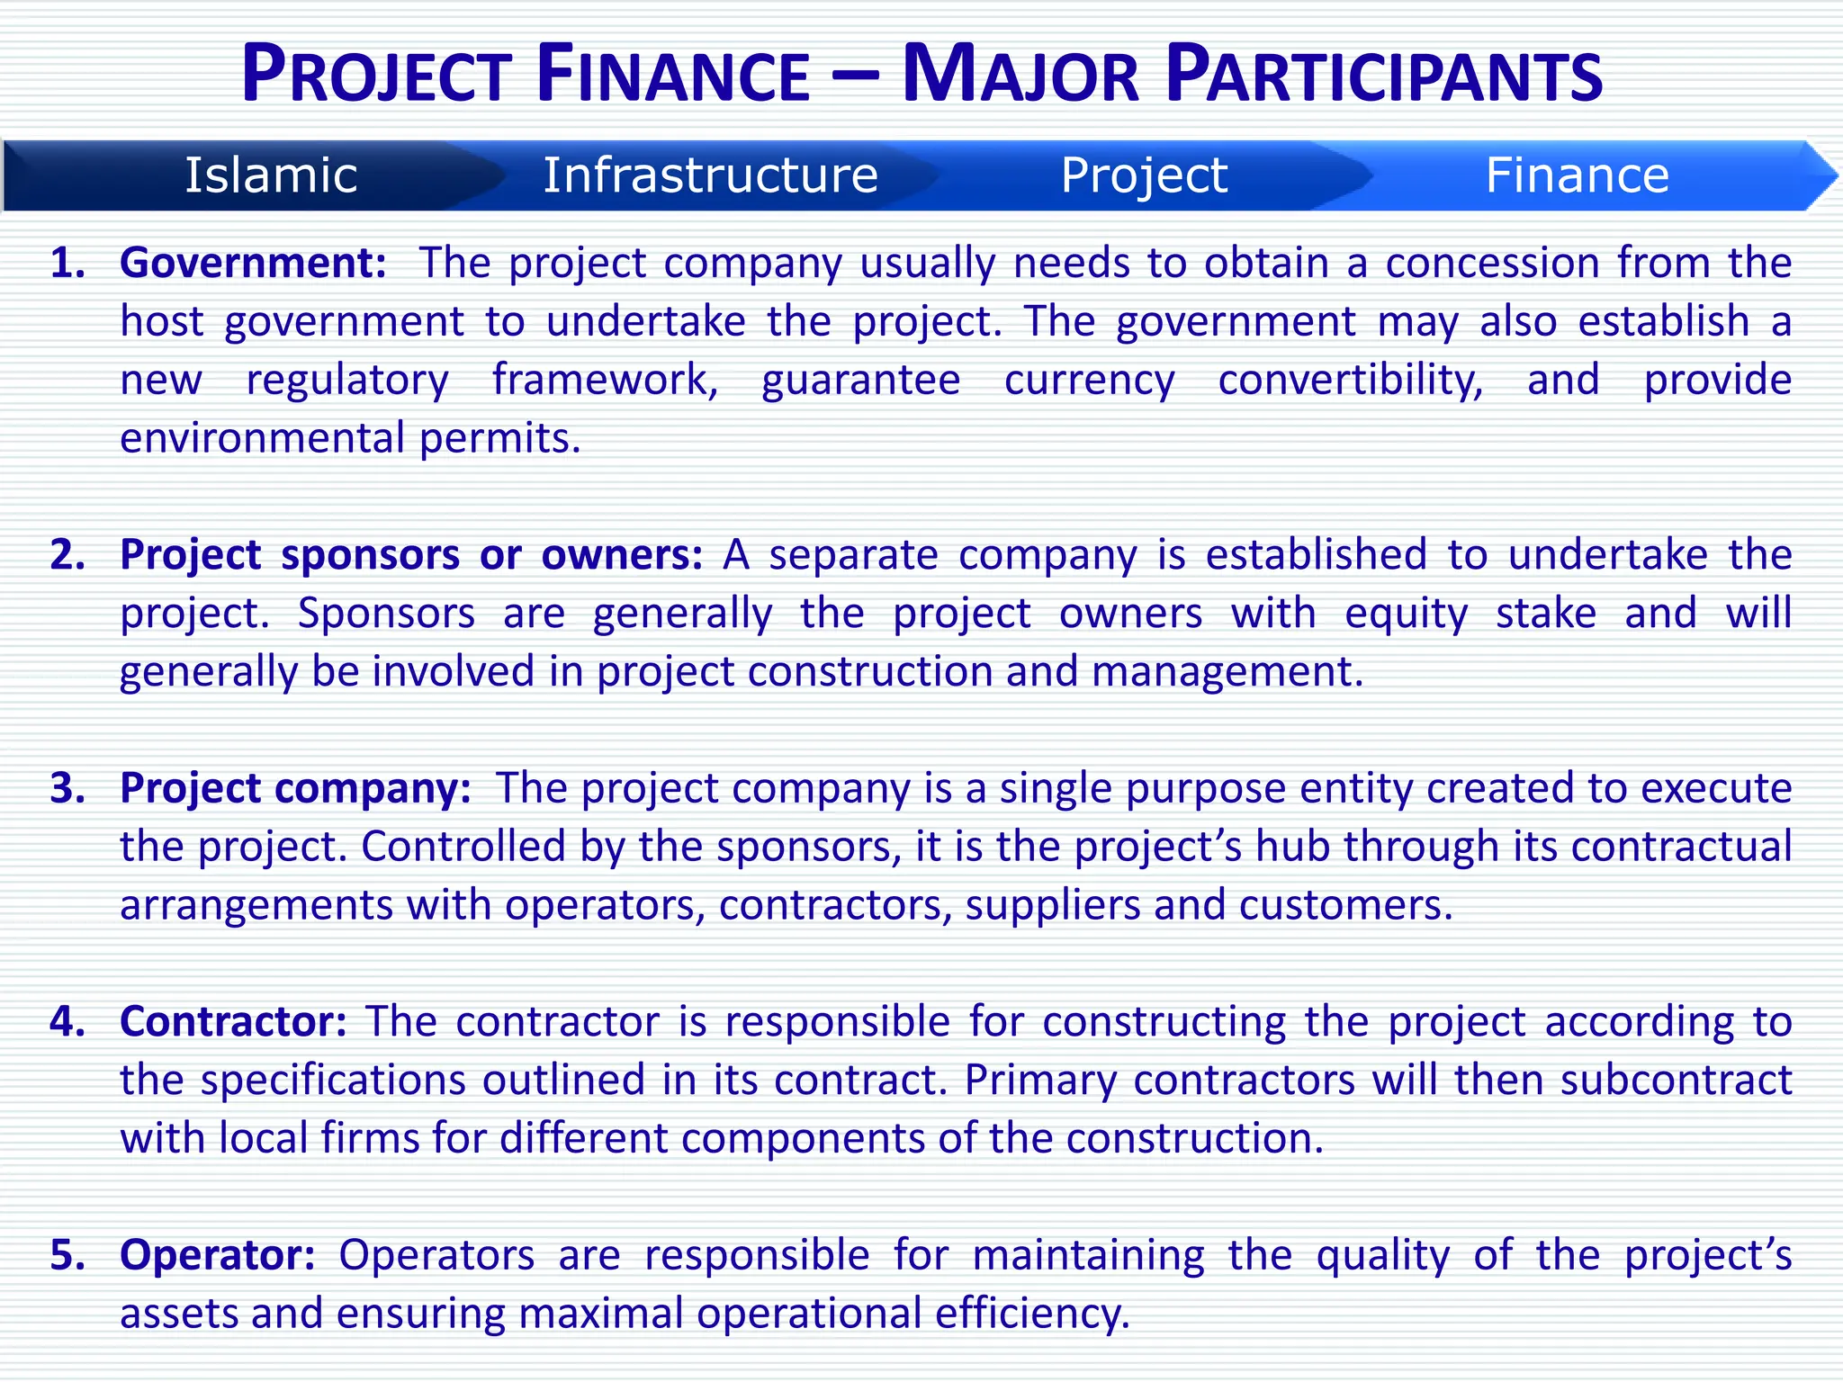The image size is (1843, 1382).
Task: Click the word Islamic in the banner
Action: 271,175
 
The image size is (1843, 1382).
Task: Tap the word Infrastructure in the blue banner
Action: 710,175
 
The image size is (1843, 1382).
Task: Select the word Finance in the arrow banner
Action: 1577,175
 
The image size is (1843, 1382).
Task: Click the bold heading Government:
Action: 253,263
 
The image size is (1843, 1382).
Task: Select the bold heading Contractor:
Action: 233,1021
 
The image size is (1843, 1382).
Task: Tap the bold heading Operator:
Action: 218,1254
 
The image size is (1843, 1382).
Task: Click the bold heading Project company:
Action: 295,788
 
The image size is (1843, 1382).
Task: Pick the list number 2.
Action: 67,554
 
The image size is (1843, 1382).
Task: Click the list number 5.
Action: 67,1254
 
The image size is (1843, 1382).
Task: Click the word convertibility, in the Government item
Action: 1350,380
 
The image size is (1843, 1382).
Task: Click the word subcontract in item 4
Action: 1676,1080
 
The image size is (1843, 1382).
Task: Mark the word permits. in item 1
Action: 500,439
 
